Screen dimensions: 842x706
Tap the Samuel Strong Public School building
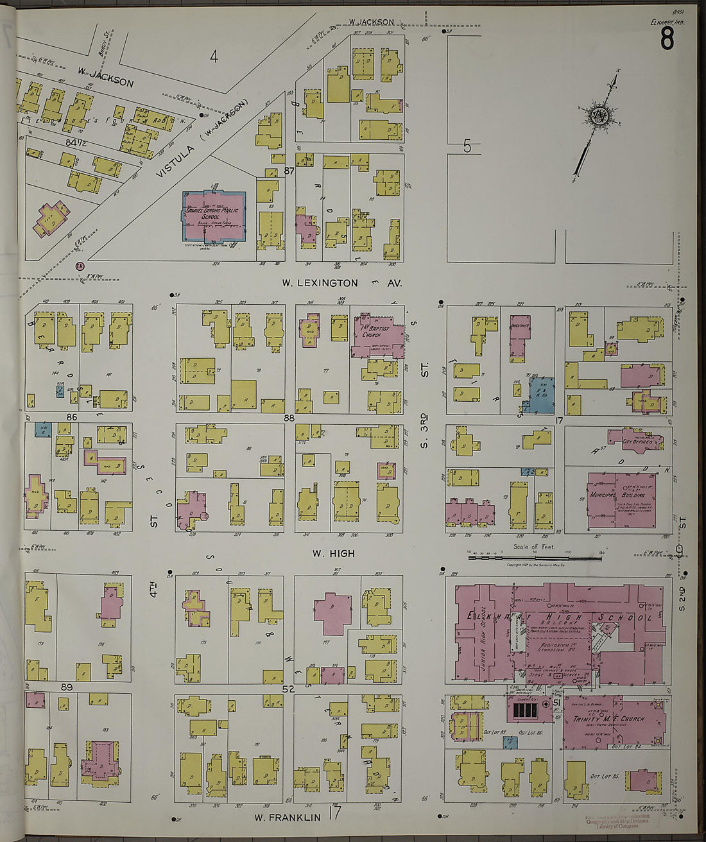(x=211, y=215)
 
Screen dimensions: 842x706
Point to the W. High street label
(x=333, y=553)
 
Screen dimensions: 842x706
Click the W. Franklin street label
(x=287, y=817)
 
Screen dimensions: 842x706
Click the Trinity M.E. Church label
(x=608, y=719)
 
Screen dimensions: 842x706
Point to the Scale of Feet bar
(x=534, y=558)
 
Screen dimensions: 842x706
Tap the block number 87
(x=288, y=171)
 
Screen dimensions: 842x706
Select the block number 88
(x=289, y=418)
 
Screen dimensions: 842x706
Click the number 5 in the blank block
(x=467, y=147)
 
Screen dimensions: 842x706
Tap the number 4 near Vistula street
(x=214, y=57)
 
